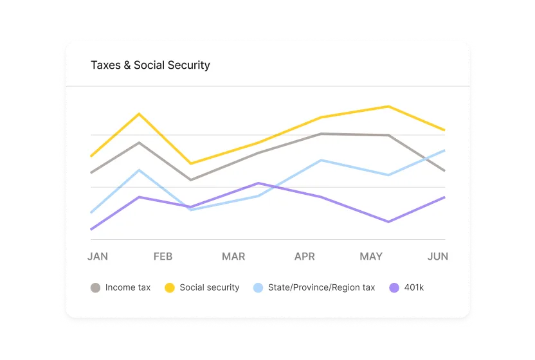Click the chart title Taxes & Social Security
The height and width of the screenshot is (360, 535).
150,65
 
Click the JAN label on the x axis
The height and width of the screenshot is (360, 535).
98,256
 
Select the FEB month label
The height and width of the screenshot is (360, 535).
163,256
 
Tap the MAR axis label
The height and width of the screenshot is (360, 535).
233,256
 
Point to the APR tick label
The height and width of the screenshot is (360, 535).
305,256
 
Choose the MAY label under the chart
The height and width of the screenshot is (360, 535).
371,256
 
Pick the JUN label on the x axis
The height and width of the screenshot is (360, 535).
438,256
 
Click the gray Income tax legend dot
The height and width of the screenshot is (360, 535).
95,288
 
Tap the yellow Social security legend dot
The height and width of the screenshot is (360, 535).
170,288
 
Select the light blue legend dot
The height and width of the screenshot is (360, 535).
258,288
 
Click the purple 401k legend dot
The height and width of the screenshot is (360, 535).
394,288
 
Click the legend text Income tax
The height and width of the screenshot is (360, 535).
128,288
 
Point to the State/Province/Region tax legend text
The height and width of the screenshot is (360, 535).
322,288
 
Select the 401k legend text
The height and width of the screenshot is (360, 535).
414,288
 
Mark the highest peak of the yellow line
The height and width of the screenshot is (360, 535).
388,107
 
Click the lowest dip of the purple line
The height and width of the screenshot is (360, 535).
388,222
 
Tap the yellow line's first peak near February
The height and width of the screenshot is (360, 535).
139,114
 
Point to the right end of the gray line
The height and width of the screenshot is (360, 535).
444,170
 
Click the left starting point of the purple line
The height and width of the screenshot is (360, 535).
91,229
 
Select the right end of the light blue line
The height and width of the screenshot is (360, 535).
444,150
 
